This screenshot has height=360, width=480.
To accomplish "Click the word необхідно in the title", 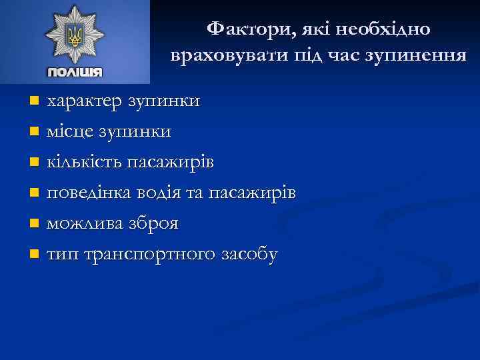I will click(x=385, y=29).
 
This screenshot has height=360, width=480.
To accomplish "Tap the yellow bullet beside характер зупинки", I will click(x=35, y=101).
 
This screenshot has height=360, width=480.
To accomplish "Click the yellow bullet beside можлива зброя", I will click(x=35, y=224).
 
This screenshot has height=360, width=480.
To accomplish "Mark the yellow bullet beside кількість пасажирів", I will click(x=35, y=163).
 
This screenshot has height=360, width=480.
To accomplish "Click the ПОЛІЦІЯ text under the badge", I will click(x=75, y=73).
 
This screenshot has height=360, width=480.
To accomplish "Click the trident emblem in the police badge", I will click(x=74, y=37).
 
